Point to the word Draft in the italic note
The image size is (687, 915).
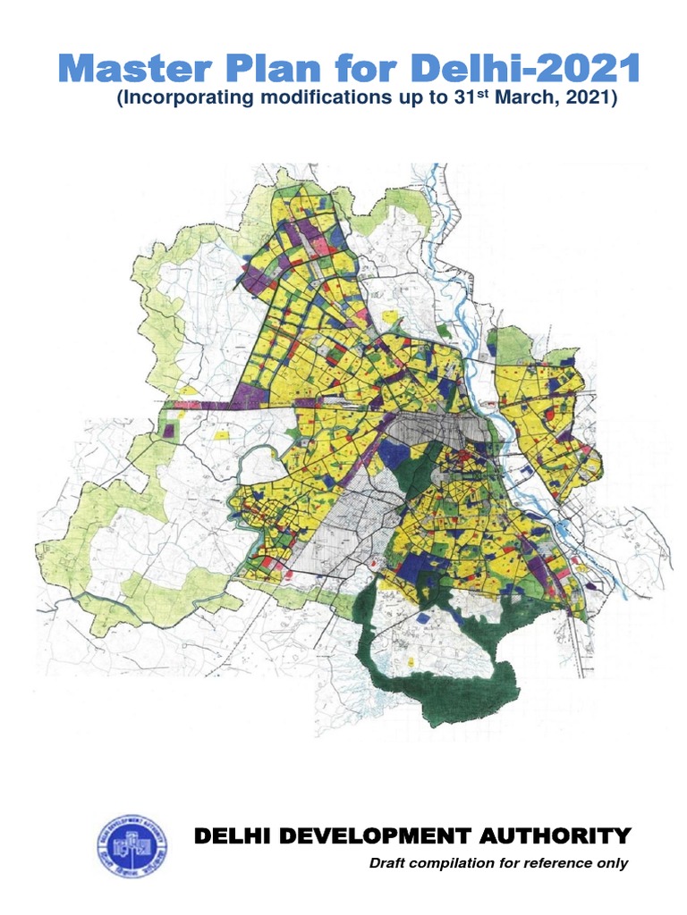coord(388,863)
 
